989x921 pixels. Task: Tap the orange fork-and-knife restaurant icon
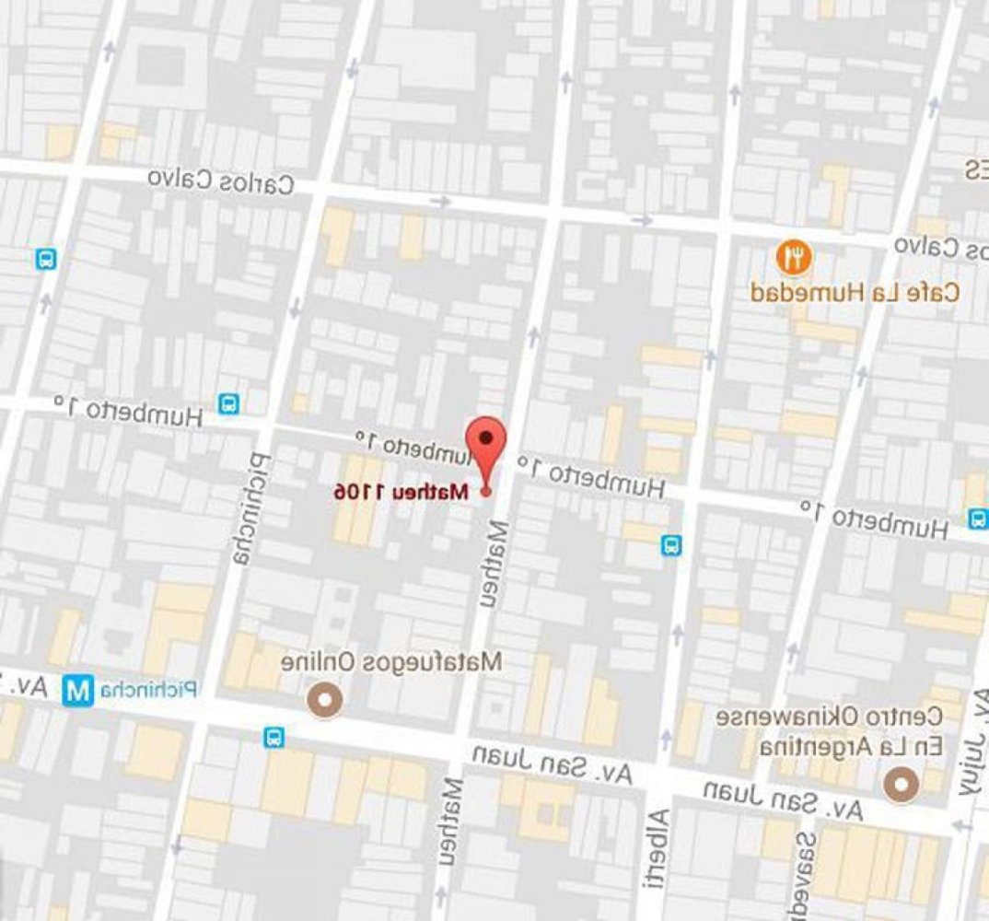pyautogui.click(x=793, y=257)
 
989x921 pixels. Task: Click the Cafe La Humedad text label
pyautogui.click(x=855, y=294)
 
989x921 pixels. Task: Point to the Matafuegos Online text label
pyautogui.click(x=391, y=661)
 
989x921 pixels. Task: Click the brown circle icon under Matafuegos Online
pyautogui.click(x=323, y=701)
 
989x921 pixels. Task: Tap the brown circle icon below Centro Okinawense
pyautogui.click(x=901, y=785)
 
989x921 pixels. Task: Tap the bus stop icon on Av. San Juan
pyautogui.click(x=273, y=737)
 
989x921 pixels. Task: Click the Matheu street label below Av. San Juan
pyautogui.click(x=450, y=824)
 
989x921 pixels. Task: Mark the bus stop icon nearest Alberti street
pyautogui.click(x=672, y=545)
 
